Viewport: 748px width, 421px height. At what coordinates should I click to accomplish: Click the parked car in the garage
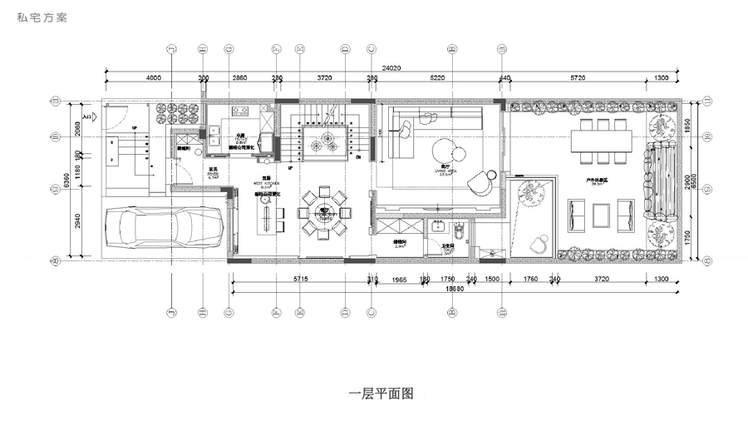(165, 229)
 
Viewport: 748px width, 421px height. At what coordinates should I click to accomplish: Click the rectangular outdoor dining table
(602, 141)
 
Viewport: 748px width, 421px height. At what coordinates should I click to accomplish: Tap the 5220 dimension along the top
(436, 77)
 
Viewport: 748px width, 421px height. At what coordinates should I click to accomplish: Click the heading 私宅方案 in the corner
(40, 17)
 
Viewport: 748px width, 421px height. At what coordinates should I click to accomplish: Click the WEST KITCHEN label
(266, 182)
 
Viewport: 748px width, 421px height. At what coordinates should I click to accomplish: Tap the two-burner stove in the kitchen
(241, 110)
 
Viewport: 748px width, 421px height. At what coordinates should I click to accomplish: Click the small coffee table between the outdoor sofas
(600, 215)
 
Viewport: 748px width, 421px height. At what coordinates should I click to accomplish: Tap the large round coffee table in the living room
(442, 151)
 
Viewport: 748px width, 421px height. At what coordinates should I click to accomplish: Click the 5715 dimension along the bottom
(301, 279)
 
